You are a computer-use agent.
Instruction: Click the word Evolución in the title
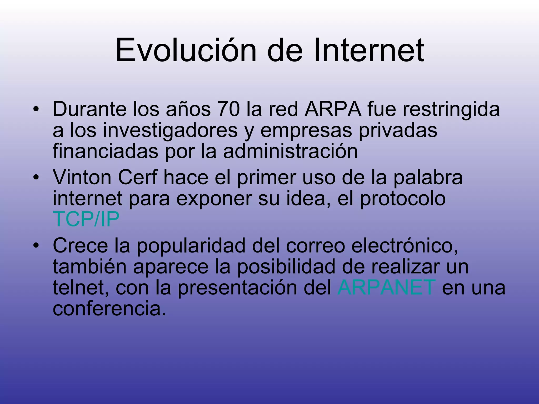pos(186,50)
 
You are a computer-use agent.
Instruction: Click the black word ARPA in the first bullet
pos(333,109)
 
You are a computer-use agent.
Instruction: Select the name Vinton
pos(82,178)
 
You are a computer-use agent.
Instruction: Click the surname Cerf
pos(137,178)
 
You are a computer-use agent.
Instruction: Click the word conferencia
pos(109,309)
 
